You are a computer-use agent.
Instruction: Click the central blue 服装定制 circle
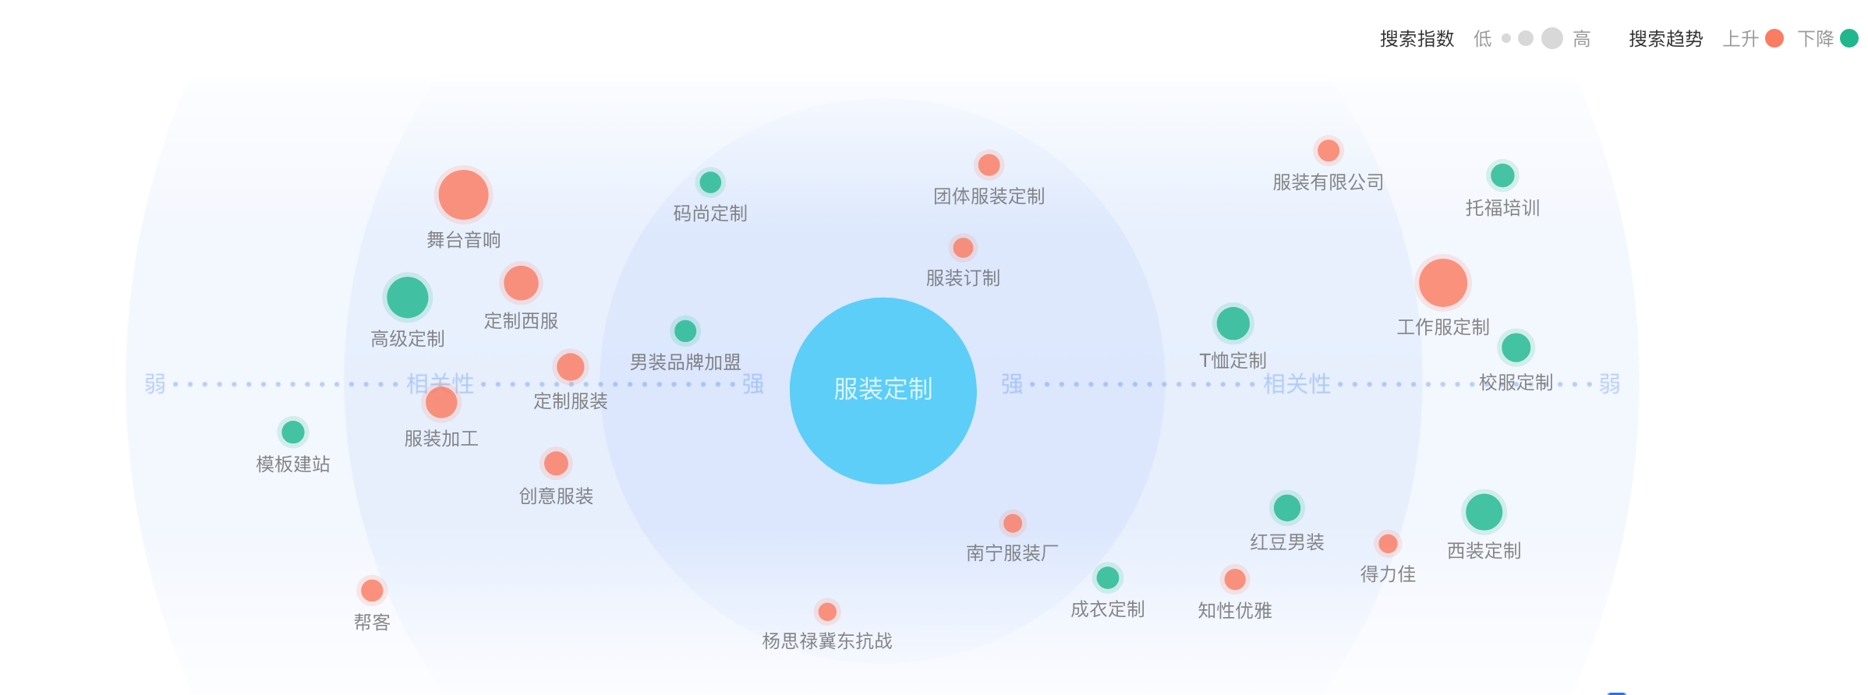coord(883,390)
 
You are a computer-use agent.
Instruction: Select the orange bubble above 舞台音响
coord(463,195)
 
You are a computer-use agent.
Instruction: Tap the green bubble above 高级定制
coord(407,298)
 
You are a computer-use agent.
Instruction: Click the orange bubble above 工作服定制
coord(1442,282)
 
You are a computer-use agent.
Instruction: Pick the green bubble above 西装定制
coord(1484,512)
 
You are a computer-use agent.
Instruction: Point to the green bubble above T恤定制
coord(1233,323)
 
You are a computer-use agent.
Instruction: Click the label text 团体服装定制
coord(989,196)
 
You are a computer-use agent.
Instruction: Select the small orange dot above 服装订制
coord(963,248)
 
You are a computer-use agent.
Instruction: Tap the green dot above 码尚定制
coord(709,182)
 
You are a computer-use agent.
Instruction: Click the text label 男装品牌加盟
coord(685,362)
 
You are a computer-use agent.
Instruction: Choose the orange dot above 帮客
coord(372,591)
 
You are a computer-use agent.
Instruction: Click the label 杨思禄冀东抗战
coord(826,641)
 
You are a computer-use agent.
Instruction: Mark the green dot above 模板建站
coord(292,432)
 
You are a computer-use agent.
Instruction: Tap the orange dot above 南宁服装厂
coord(1012,523)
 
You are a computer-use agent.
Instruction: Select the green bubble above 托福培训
coord(1502,175)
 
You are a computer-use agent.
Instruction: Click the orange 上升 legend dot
coord(1774,38)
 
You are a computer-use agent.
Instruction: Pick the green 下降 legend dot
coord(1849,38)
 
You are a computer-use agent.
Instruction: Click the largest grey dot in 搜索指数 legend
coord(1552,38)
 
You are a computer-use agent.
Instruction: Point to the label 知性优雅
coord(1234,611)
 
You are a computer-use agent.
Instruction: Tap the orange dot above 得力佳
coord(1387,543)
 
